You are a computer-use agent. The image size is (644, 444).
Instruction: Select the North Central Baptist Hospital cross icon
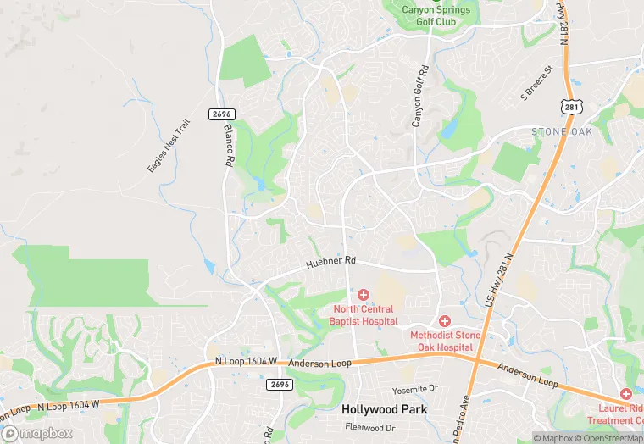click(x=364, y=294)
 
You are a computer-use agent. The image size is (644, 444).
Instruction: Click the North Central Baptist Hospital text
click(x=364, y=315)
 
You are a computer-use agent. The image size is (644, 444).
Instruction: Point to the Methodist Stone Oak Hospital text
click(x=445, y=341)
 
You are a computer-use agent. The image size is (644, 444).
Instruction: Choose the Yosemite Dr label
click(x=415, y=390)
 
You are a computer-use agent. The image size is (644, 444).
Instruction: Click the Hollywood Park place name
click(x=384, y=409)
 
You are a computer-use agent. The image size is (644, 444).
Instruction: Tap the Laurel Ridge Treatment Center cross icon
click(x=626, y=394)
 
